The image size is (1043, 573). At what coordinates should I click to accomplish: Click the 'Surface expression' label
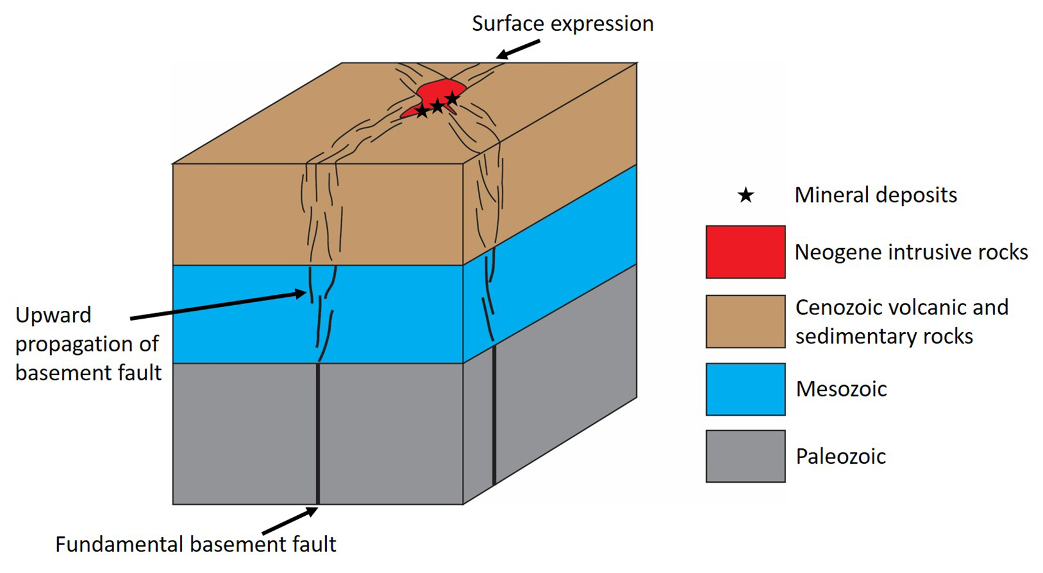tap(562, 24)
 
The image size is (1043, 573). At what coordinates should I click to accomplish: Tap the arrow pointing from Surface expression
tap(518, 50)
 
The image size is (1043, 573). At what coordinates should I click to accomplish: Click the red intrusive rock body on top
tap(437, 92)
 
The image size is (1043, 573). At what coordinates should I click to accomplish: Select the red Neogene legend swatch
tap(745, 252)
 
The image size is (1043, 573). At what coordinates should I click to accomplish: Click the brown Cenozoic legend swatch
tap(745, 321)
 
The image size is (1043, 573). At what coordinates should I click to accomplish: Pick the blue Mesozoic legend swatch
tap(745, 389)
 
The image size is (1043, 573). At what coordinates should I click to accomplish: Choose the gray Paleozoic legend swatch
tap(745, 456)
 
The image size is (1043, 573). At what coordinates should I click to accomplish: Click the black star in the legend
tap(745, 195)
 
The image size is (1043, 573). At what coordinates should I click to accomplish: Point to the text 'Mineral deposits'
tap(876, 195)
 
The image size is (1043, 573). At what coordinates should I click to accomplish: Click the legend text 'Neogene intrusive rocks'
tap(911, 252)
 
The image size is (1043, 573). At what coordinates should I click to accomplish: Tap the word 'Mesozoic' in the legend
tap(841, 389)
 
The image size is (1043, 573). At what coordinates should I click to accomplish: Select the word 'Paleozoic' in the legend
tap(841, 456)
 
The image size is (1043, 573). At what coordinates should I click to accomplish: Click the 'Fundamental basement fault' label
tap(196, 544)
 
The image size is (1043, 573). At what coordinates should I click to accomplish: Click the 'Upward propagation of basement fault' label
tap(88, 343)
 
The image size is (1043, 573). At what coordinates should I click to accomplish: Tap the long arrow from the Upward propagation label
tap(218, 306)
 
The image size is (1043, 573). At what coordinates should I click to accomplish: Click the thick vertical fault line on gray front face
tap(318, 433)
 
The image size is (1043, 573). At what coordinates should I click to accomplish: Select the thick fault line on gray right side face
tap(494, 415)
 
